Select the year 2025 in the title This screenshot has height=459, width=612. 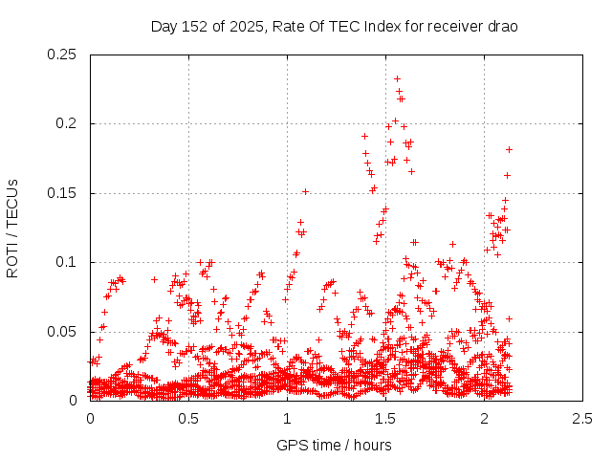[246, 26]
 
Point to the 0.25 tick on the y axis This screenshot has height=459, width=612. [65, 55]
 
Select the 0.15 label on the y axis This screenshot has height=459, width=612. [65, 193]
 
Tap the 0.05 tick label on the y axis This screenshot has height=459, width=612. [65, 332]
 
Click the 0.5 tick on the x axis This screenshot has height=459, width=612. [189, 419]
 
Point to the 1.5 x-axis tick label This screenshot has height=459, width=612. [386, 419]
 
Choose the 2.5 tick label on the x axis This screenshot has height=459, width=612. [583, 419]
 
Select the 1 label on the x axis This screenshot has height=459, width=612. [288, 419]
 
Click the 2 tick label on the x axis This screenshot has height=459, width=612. [485, 419]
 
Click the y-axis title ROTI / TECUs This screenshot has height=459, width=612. [12, 228]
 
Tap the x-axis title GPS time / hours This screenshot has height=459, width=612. [334, 445]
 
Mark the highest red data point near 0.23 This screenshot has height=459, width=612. [397, 78]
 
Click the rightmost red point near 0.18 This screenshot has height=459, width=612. [510, 149]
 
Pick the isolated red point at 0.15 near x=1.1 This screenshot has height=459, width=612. [305, 191]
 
